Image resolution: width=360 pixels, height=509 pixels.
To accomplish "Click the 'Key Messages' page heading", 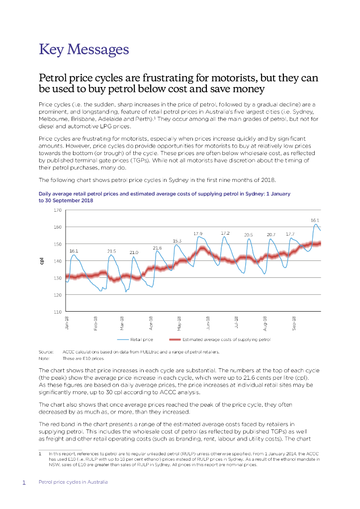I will click(84, 50).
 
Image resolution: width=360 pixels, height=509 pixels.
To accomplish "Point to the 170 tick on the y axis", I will click(57, 210).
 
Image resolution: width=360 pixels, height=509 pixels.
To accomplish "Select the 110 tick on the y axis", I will click(57, 312).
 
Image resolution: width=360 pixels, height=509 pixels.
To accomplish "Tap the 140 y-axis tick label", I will click(57, 261).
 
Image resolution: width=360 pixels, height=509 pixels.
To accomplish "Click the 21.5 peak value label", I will click(112, 251).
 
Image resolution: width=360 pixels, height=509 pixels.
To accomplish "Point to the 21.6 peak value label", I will click(157, 248).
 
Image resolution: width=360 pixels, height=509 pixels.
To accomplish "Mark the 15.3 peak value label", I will click(177, 241).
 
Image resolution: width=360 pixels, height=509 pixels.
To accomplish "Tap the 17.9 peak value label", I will click(198, 233).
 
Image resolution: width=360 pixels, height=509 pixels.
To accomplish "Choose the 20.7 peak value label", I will click(271, 234).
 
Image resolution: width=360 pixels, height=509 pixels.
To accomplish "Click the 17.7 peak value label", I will click(290, 233).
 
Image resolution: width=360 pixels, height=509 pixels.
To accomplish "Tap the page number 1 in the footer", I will click(24, 482).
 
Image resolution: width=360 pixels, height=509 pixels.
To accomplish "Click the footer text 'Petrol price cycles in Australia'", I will click(73, 482).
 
